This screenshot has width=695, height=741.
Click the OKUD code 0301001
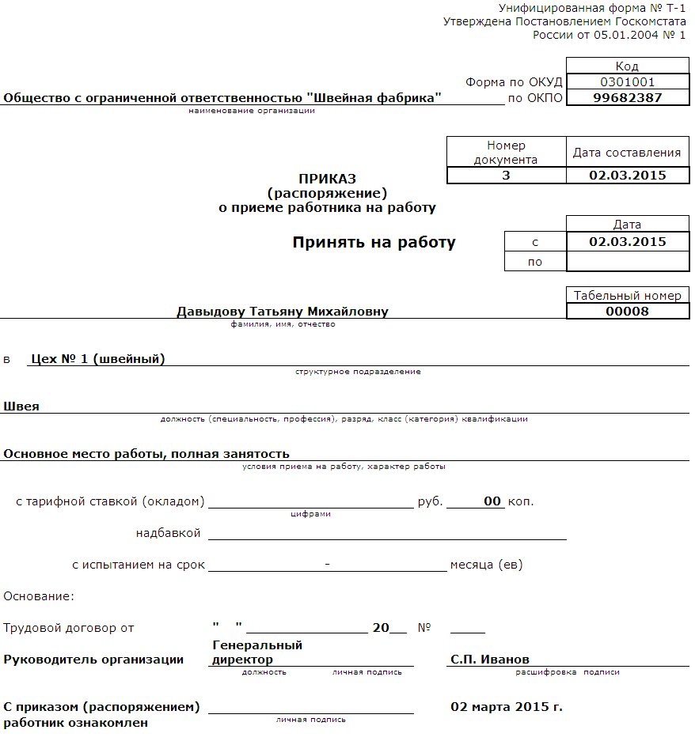(x=627, y=81)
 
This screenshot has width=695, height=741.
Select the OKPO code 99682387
(x=627, y=98)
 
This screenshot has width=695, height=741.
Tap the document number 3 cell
(x=506, y=176)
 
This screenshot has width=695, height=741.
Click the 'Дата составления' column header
(x=627, y=153)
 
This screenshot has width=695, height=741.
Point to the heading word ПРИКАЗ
(x=327, y=179)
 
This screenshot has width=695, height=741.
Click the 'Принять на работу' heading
(x=374, y=243)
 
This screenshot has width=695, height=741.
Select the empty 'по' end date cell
(x=627, y=262)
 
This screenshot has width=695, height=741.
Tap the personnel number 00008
(x=627, y=311)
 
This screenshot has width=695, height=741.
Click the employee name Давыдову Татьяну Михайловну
(x=283, y=312)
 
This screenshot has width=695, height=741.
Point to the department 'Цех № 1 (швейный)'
(x=97, y=359)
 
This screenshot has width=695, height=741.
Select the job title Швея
(x=21, y=406)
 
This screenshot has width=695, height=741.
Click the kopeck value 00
(x=492, y=501)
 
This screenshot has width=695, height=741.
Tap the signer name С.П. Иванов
(x=490, y=660)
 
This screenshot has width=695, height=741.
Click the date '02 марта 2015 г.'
(x=507, y=706)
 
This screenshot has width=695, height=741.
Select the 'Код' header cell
(x=627, y=66)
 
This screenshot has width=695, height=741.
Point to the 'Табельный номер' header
(x=627, y=295)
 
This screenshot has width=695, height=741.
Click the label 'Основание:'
(x=39, y=596)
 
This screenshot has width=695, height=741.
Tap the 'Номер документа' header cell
(x=506, y=152)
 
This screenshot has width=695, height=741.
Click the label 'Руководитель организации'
(x=93, y=660)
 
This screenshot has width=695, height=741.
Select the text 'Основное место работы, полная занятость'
(x=146, y=454)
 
